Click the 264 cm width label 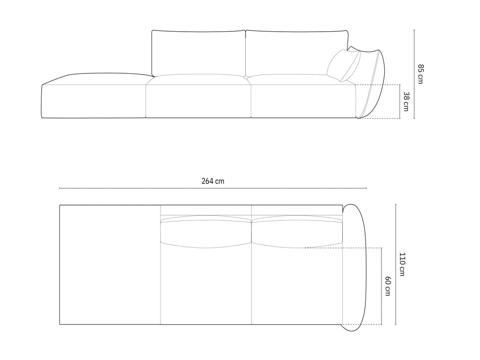[213, 181]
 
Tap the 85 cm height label [420, 74]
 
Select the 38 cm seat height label [406, 101]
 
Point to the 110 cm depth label [402, 264]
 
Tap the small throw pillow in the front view [343, 66]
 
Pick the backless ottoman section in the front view [94, 97]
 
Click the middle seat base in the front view [198, 99]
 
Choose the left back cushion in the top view [206, 232]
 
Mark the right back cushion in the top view [297, 232]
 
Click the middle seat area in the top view [206, 285]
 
